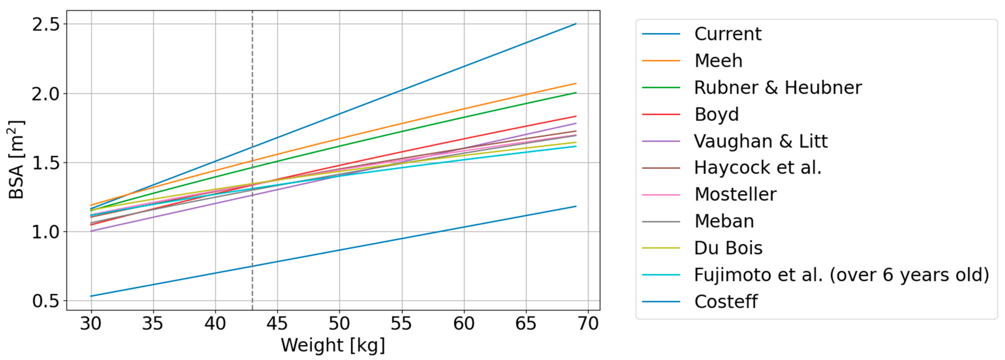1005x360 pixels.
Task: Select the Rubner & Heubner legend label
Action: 778,88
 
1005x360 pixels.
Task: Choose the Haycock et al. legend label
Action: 758,168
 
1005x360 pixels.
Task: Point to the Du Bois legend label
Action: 728,248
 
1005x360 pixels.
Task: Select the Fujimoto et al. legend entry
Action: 842,275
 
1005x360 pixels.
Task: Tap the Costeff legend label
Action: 726,302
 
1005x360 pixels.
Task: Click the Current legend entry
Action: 727,34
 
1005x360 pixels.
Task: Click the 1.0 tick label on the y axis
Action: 47,232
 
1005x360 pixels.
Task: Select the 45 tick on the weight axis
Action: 277,324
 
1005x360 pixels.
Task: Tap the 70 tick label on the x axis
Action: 587,324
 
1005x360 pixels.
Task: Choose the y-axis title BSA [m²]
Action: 16,160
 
